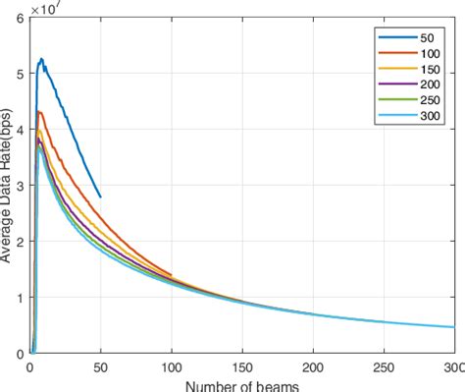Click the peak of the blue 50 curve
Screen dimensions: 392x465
[x=41, y=59]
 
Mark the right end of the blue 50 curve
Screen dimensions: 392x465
[x=100, y=196]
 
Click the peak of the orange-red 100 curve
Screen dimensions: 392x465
[x=37, y=111]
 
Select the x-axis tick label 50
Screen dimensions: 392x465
[x=100, y=369]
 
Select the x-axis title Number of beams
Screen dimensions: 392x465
[x=242, y=385]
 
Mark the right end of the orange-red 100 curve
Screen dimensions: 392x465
[x=171, y=275]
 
